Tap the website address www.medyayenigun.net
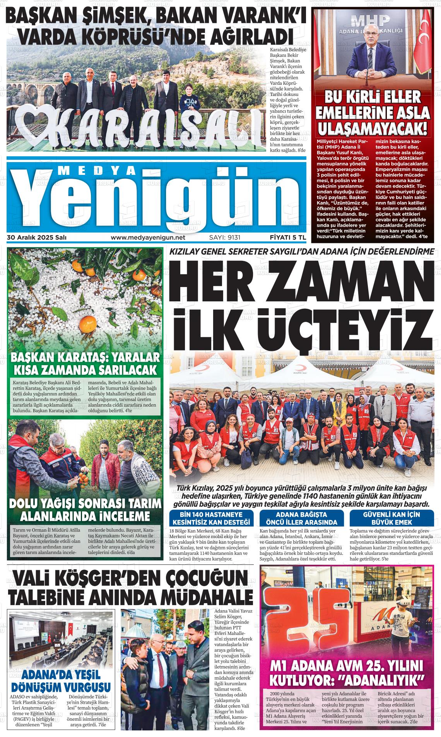click(148, 237)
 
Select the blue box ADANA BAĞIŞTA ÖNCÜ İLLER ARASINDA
click(301, 518)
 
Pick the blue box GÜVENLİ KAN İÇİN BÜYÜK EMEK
click(391, 518)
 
